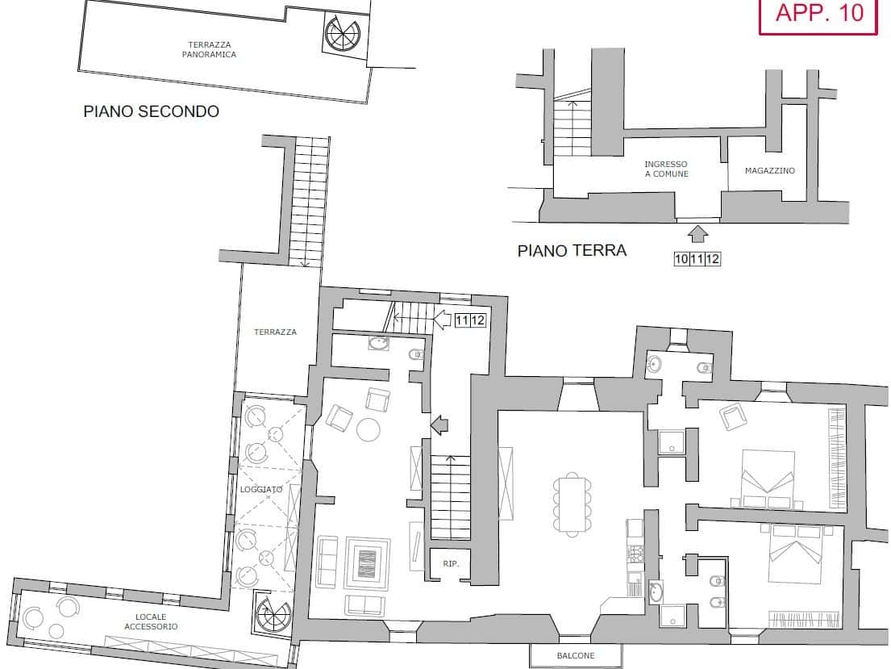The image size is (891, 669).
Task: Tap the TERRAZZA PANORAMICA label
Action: click(209, 49)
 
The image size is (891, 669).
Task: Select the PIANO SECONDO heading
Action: click(151, 111)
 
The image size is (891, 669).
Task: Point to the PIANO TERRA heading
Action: click(572, 250)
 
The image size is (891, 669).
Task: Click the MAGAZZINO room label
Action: click(769, 170)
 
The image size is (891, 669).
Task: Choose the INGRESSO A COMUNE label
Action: click(666, 169)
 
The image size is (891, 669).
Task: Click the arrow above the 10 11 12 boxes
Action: click(697, 235)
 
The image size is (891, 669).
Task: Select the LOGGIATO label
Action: click(261, 489)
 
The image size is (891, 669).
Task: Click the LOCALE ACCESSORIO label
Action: click(151, 621)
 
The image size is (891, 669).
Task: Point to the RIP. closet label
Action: click(451, 564)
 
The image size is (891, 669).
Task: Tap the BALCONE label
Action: click(576, 656)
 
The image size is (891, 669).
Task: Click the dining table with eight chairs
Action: click(572, 504)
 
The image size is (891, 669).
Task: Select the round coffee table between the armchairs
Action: click(368, 430)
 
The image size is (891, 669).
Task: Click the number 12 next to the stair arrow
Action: click(478, 320)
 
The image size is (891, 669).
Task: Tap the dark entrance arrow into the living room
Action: click(439, 424)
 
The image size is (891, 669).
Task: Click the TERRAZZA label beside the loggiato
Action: click(276, 332)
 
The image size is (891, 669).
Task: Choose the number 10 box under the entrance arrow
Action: click(681, 259)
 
